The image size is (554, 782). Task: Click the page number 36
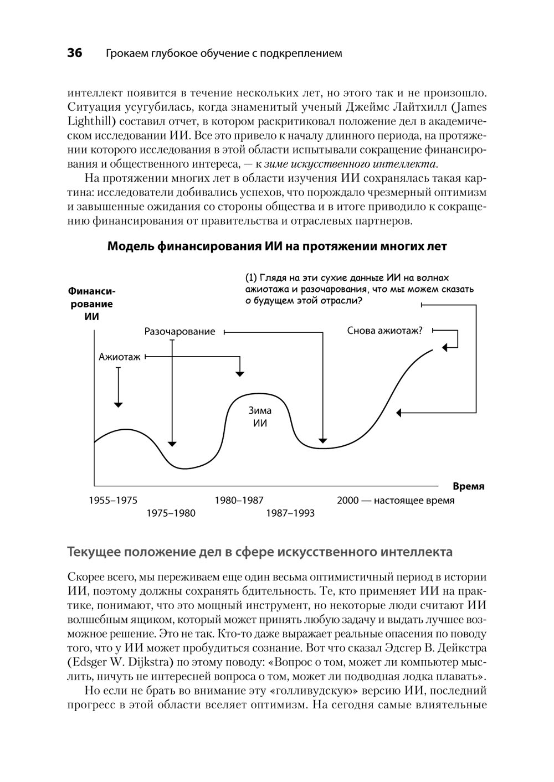[74, 53]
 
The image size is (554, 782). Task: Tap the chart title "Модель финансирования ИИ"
[276, 246]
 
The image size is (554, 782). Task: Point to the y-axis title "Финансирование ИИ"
[91, 304]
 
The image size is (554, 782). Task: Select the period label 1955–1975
[113, 501]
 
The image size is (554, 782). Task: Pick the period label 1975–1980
[171, 513]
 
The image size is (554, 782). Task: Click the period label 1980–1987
[239, 501]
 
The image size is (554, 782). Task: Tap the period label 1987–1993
[290, 513]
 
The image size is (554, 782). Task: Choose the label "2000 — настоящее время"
[396, 501]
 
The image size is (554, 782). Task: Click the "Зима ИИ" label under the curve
[260, 417]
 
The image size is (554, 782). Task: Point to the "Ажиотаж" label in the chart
[120, 357]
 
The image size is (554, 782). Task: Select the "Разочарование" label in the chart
[179, 332]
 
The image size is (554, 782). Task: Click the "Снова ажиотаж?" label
[384, 331]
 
